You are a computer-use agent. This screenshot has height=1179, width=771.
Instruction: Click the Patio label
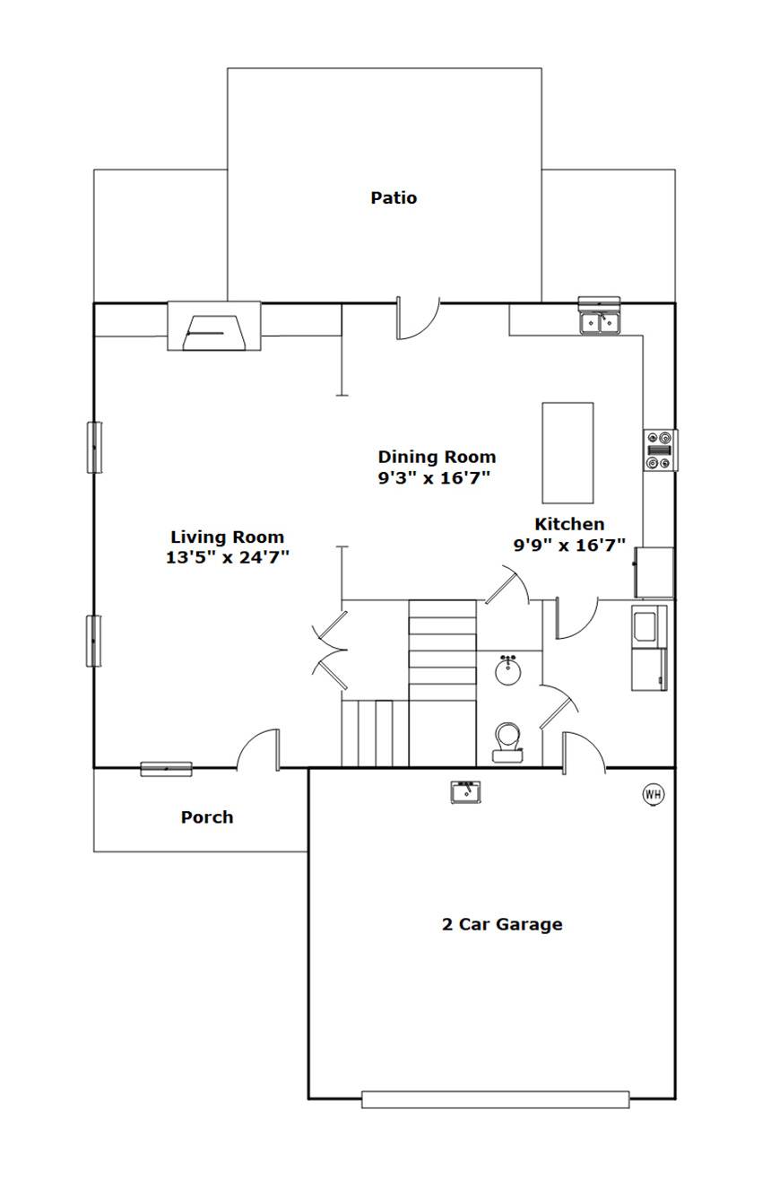coord(394,197)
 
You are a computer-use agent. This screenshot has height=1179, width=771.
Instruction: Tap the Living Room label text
coord(228,537)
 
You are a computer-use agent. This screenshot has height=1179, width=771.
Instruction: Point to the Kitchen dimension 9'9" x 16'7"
coord(568,545)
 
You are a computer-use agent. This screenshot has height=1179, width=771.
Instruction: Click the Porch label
coord(207,817)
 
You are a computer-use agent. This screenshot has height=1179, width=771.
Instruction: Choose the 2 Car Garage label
coord(502,924)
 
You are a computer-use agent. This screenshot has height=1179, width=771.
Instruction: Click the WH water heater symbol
coord(653,793)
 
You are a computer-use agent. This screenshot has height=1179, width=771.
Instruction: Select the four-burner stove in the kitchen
coord(661,450)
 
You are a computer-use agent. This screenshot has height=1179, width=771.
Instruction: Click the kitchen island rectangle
coord(567,452)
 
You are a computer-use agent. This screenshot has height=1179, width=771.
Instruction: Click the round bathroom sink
coord(508,670)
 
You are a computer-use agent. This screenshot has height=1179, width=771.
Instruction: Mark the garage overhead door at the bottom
coord(495,1099)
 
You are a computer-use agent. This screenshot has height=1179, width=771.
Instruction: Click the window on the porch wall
coord(166,768)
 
